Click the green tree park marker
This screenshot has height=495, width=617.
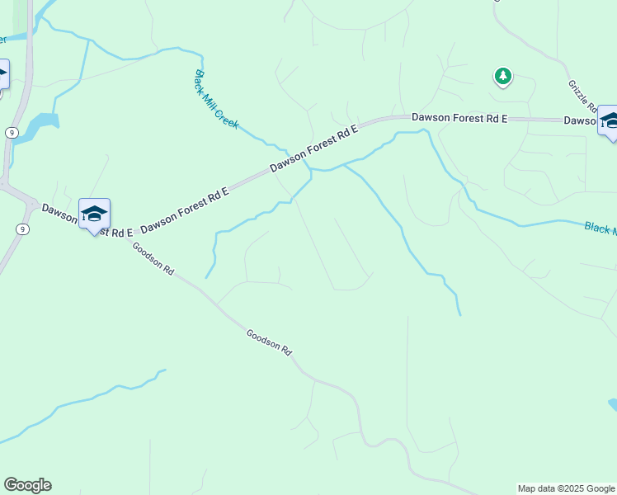click(x=502, y=77)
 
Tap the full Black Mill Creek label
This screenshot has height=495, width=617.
click(x=215, y=99)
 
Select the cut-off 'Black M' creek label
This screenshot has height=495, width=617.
click(x=600, y=227)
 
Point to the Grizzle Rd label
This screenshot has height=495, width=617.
click(x=582, y=97)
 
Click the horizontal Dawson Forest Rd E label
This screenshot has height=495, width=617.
click(x=459, y=119)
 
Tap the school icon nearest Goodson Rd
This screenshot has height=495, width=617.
click(x=94, y=214)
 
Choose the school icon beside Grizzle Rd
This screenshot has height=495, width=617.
click(x=610, y=121)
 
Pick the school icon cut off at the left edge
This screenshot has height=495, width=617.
click(x=2, y=74)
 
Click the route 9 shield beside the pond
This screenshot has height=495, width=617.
click(x=12, y=132)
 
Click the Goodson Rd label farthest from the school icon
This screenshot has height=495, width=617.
click(x=269, y=342)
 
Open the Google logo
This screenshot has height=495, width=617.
click(x=27, y=485)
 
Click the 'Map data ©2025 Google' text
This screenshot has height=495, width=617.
click(x=567, y=488)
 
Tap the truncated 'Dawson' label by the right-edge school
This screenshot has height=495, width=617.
click(x=579, y=120)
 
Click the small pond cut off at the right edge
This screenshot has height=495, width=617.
click(x=613, y=404)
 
